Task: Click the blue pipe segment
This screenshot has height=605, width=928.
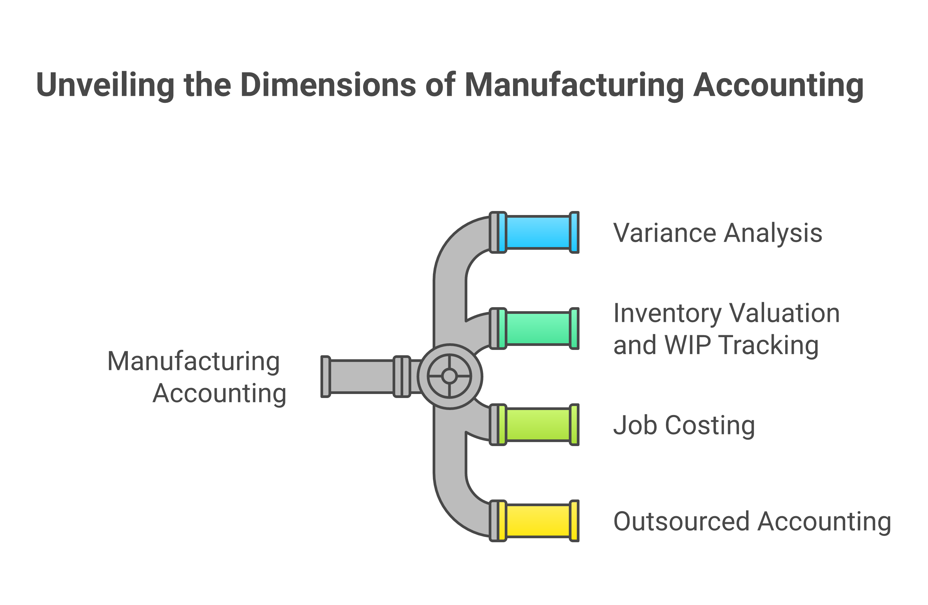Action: pyautogui.click(x=538, y=232)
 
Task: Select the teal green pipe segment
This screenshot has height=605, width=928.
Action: pyautogui.click(x=538, y=329)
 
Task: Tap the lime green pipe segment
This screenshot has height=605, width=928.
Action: pyautogui.click(x=538, y=425)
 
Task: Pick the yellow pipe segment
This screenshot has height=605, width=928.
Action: pyautogui.click(x=538, y=521)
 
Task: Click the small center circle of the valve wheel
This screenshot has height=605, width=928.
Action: pyautogui.click(x=450, y=376)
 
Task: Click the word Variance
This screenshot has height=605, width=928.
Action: pyautogui.click(x=664, y=233)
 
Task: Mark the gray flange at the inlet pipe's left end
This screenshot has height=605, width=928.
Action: pyautogui.click(x=325, y=376)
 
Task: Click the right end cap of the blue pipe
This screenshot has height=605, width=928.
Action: pyautogui.click(x=574, y=232)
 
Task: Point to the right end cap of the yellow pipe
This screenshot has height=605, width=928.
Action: pyautogui.click(x=574, y=521)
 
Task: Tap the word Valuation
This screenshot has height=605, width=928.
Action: pyautogui.click(x=784, y=314)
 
